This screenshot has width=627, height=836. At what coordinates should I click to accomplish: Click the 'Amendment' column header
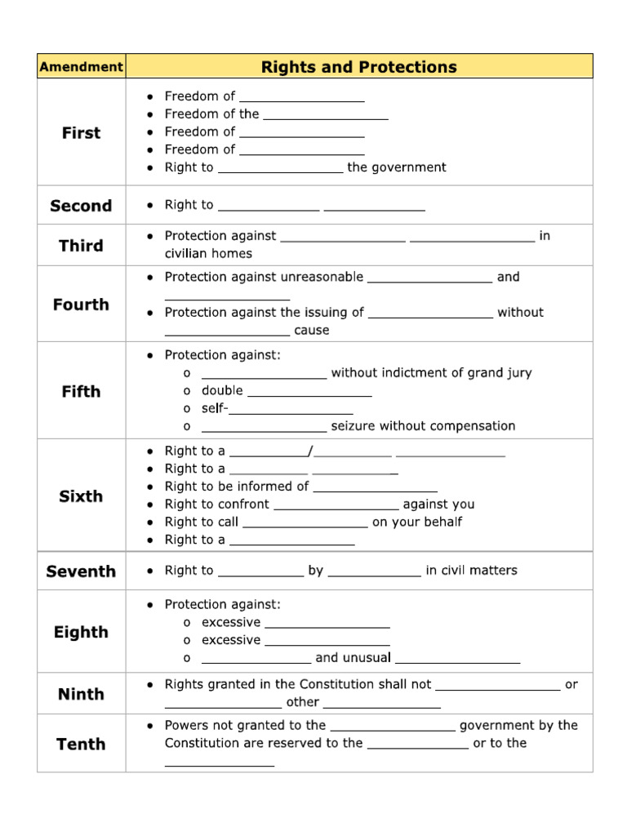(x=81, y=67)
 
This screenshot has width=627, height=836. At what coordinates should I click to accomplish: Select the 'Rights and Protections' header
(x=359, y=67)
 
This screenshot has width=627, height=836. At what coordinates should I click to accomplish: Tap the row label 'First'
(x=81, y=132)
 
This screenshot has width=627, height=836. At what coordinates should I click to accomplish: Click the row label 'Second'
(x=81, y=206)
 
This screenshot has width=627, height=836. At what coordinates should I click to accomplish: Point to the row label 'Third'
(x=81, y=246)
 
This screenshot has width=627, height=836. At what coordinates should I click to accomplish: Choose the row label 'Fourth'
(x=81, y=305)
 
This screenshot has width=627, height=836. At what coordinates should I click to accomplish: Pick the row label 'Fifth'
(x=81, y=391)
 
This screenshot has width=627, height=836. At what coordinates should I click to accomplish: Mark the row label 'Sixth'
(x=81, y=496)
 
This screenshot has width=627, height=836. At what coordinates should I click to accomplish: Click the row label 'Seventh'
(x=81, y=571)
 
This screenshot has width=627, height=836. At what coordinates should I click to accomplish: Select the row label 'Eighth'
(x=81, y=632)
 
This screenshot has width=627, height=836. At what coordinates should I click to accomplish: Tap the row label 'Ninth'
(x=81, y=694)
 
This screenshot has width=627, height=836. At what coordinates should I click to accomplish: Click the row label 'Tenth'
(x=81, y=744)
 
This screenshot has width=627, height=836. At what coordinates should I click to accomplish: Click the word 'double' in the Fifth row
(x=222, y=390)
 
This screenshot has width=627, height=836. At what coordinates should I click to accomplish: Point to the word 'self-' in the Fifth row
(x=215, y=408)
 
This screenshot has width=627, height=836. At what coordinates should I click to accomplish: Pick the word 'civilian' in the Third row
(x=189, y=254)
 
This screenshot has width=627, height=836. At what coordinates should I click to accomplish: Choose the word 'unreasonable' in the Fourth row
(x=322, y=278)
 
